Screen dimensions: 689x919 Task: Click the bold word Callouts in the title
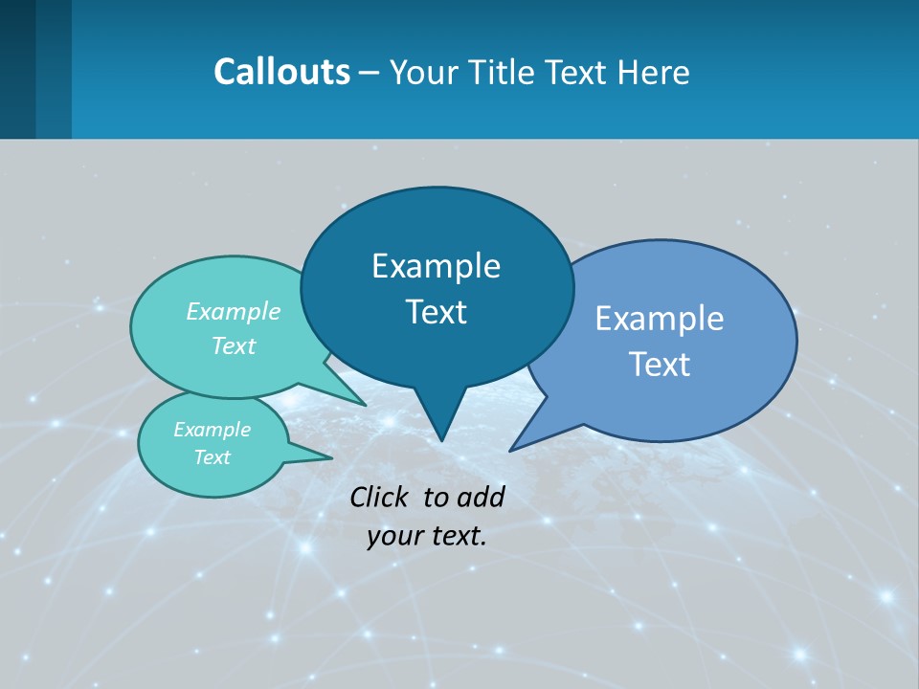[281, 72]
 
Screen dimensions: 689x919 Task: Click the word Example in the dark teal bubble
[436, 266]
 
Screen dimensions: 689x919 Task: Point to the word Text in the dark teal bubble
[436, 312]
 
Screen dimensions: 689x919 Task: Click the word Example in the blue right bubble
[660, 319]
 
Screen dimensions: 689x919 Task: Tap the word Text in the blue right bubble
[660, 365]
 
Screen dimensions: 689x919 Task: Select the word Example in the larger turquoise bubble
[234, 311]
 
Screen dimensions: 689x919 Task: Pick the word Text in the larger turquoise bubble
[234, 345]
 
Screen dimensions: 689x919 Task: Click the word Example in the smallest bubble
[212, 430]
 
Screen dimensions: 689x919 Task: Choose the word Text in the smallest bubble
[212, 457]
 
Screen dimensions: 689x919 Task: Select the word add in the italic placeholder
[481, 497]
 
